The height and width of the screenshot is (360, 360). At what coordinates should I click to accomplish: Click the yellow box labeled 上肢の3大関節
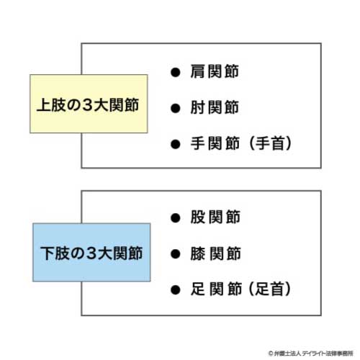[89, 104]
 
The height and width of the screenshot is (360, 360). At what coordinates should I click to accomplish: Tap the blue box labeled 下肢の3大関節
[91, 252]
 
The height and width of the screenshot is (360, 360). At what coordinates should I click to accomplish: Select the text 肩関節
[215, 71]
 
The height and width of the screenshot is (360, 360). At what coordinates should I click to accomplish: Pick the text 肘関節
[215, 107]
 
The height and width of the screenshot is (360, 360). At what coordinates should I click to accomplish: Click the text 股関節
[215, 217]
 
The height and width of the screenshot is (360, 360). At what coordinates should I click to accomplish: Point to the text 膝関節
[215, 253]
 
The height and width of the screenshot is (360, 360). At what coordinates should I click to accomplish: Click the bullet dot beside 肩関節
[176, 72]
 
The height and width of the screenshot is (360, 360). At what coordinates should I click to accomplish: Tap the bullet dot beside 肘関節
[176, 108]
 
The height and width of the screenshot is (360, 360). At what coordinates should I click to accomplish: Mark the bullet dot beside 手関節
[176, 144]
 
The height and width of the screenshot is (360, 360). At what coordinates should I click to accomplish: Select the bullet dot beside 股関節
[176, 218]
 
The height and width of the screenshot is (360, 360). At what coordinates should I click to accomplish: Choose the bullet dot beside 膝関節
[176, 254]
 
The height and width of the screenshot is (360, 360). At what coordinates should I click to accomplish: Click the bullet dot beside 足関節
[176, 289]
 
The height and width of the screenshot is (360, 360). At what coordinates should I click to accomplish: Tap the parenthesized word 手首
[270, 143]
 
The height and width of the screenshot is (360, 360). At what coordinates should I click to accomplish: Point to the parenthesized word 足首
[269, 289]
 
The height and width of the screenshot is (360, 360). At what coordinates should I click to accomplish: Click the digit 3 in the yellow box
[87, 105]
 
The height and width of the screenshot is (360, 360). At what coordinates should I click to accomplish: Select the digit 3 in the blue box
[91, 253]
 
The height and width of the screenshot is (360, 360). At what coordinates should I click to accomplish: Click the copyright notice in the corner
[311, 354]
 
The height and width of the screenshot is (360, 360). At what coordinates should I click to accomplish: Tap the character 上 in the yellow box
[43, 105]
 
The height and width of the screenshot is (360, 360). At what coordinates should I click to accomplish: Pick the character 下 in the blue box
[48, 253]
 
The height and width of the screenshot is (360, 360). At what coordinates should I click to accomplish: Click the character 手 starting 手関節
[197, 143]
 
